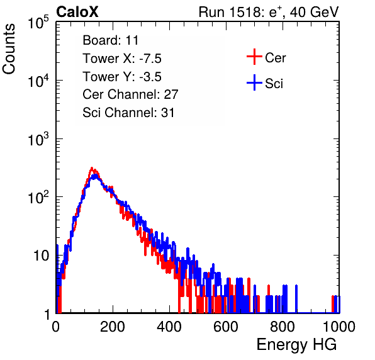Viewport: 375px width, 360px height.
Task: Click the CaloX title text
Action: coord(77,12)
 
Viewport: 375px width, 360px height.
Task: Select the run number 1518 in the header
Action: coord(245,12)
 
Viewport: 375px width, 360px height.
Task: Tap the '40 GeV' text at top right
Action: coord(314,12)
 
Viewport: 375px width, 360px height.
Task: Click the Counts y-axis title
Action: coord(9,49)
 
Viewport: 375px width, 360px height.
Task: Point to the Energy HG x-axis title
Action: coord(296,345)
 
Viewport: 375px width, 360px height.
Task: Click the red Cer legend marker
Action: coord(254,57)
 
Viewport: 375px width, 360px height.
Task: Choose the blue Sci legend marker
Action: coord(254,83)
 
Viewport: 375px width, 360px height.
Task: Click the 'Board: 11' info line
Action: coord(111,40)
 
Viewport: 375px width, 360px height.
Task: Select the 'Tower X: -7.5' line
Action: coord(122,59)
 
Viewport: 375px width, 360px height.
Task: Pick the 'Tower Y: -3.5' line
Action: coord(122,77)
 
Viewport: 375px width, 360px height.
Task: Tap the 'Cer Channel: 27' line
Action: coord(130,94)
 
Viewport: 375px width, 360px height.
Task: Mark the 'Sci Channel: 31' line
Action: coord(128,113)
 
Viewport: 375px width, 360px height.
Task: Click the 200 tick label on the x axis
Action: coord(113,327)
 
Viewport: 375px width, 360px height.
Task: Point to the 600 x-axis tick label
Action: coord(226,327)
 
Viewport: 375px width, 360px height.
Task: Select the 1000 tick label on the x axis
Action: coord(339,327)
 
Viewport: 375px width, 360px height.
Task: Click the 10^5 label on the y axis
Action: coord(38,23)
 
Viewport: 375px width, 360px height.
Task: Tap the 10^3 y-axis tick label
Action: coord(38,139)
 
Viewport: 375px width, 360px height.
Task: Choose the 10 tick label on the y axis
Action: coord(42,256)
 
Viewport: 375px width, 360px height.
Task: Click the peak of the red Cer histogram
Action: coord(92,168)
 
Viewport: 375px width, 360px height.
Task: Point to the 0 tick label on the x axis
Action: coord(55,327)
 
